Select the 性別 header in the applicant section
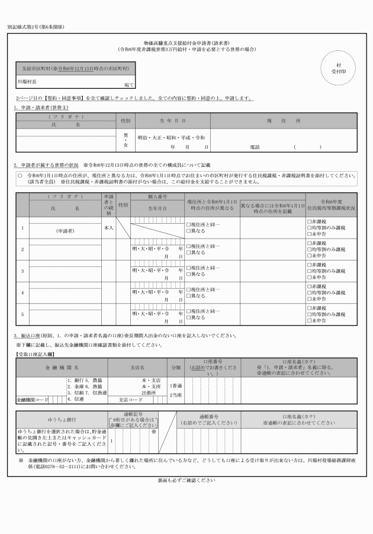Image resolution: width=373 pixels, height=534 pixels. [126, 120]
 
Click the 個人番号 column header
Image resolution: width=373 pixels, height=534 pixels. [157, 196]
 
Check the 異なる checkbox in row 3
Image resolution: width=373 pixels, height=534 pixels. [189, 275]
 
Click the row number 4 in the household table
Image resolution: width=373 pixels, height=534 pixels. [22, 293]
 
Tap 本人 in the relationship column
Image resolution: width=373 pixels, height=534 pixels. [108, 227]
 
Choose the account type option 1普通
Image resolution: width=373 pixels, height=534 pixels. [176, 385]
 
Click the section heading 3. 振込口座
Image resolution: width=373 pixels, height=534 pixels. [33, 336]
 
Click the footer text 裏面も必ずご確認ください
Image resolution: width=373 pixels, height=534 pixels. [186, 480]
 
